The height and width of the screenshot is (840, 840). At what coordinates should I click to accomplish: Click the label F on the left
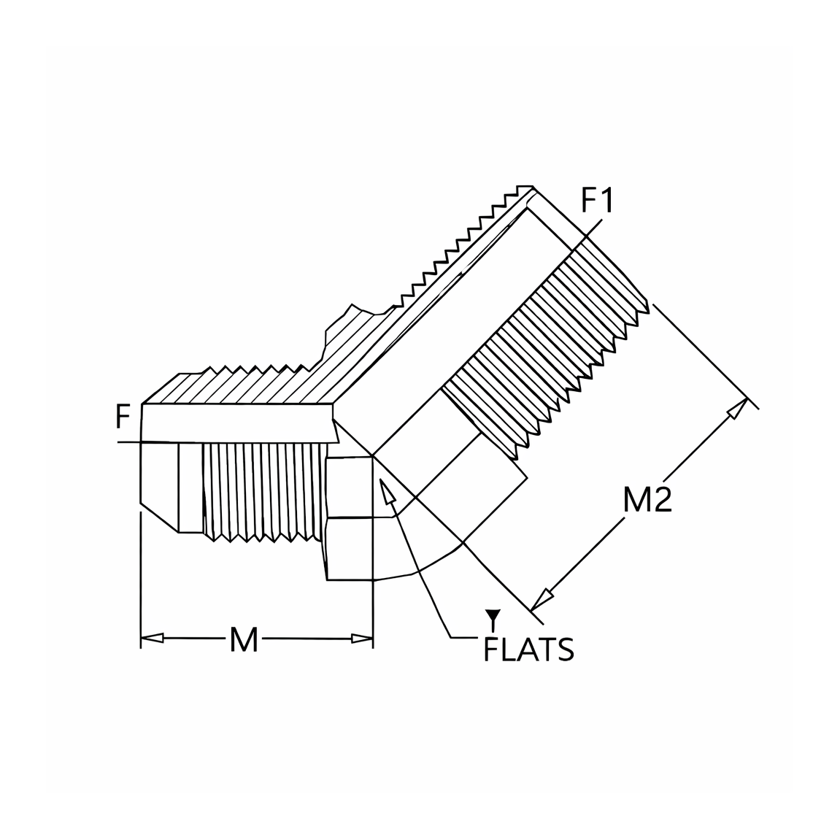pyautogui.click(x=123, y=417)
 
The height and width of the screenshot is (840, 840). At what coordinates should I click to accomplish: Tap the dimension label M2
pyautogui.click(x=647, y=501)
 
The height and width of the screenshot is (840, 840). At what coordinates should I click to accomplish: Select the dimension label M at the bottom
pyautogui.click(x=244, y=639)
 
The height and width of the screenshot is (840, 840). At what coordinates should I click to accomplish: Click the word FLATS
pyautogui.click(x=529, y=650)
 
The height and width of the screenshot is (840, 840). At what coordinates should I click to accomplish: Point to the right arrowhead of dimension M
pyautogui.click(x=361, y=638)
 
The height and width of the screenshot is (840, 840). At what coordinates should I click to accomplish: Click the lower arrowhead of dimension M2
pyautogui.click(x=542, y=599)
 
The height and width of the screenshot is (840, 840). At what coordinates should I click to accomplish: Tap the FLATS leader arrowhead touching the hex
pyautogui.click(x=387, y=490)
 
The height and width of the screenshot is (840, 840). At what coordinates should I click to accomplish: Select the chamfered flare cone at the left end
pyautogui.click(x=160, y=487)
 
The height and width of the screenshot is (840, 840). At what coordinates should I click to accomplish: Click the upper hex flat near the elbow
pyautogui.click(x=350, y=487)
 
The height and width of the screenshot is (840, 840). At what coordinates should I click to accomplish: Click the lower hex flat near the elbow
pyautogui.click(x=350, y=549)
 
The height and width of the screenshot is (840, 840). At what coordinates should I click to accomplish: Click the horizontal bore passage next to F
pyautogui.click(x=239, y=423)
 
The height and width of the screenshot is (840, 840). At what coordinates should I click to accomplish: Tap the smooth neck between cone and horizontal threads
pyautogui.click(x=191, y=487)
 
